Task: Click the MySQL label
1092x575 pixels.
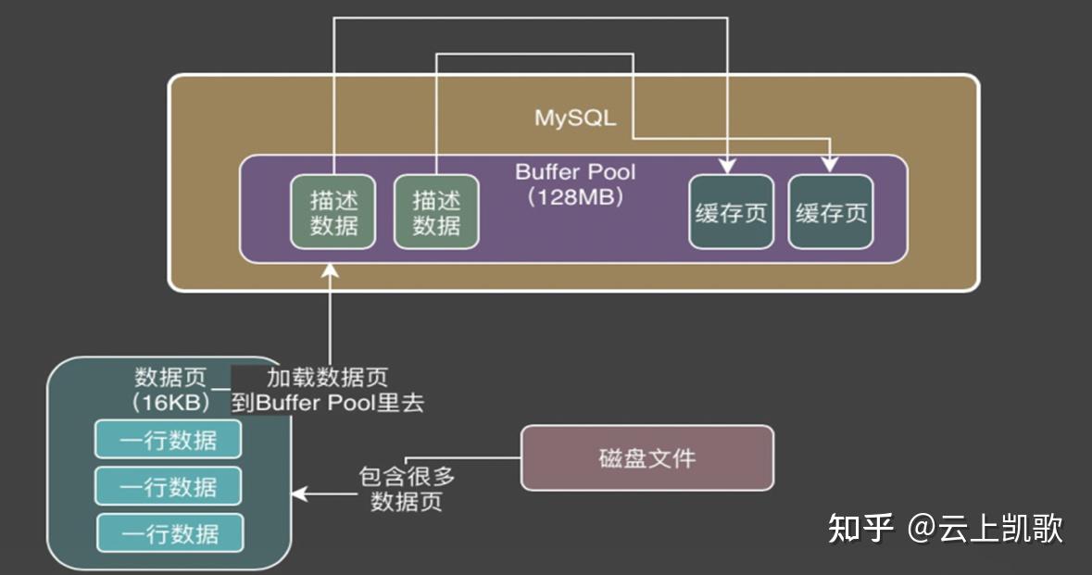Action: pos(574,119)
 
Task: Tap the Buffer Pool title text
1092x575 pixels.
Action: pos(574,172)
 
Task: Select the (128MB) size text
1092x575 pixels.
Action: pos(574,197)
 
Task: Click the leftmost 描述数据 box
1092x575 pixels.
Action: pos(333,212)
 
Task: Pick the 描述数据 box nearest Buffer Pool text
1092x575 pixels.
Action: pos(436,212)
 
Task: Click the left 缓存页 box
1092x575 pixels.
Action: pos(731,212)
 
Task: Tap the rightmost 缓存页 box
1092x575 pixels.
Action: pos(831,212)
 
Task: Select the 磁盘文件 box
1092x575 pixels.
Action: pos(646,457)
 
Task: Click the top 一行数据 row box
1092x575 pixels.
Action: pos(168,439)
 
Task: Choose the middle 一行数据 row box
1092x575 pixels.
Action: pos(168,486)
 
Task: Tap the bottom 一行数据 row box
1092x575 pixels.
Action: pos(169,533)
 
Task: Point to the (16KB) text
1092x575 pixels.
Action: pos(169,403)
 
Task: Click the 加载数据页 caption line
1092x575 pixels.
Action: pos(327,378)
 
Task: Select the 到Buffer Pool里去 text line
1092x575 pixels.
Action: pos(327,404)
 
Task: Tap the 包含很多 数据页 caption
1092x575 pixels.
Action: pos(407,490)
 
